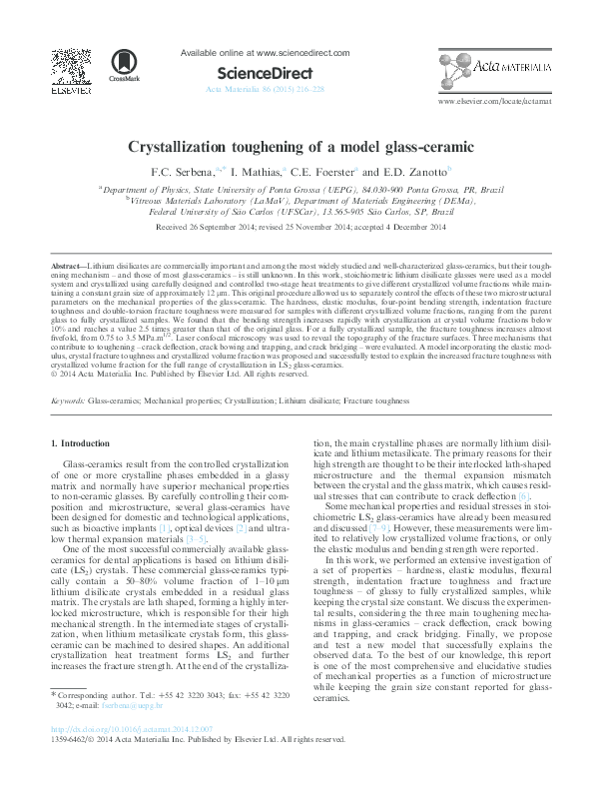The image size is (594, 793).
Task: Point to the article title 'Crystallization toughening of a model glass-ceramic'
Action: [x=297, y=146]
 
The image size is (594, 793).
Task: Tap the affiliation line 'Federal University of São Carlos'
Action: [x=296, y=212]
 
